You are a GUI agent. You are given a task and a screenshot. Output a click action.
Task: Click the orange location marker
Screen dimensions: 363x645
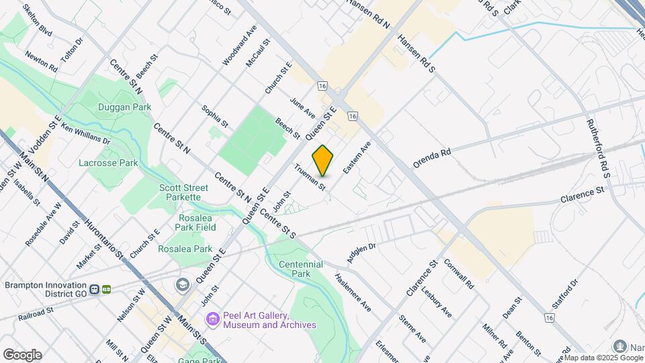[x=322, y=161]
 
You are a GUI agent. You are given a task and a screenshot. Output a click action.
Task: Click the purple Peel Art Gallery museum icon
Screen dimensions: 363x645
[x=213, y=317]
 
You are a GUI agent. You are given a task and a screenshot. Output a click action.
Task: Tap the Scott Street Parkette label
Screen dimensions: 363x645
[x=180, y=192]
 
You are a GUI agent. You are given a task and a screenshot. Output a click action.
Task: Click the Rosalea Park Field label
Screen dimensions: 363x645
[x=197, y=223]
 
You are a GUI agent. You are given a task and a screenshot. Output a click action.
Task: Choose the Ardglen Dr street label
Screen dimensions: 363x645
[x=361, y=253]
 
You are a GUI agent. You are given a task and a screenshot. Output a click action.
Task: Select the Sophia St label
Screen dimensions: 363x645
[x=215, y=116]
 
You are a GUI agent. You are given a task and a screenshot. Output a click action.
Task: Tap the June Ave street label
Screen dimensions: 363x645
[x=302, y=107]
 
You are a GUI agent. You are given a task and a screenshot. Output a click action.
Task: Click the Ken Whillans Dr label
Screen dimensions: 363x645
[x=85, y=133]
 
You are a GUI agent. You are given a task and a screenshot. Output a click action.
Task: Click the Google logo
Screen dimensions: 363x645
[x=22, y=354]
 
